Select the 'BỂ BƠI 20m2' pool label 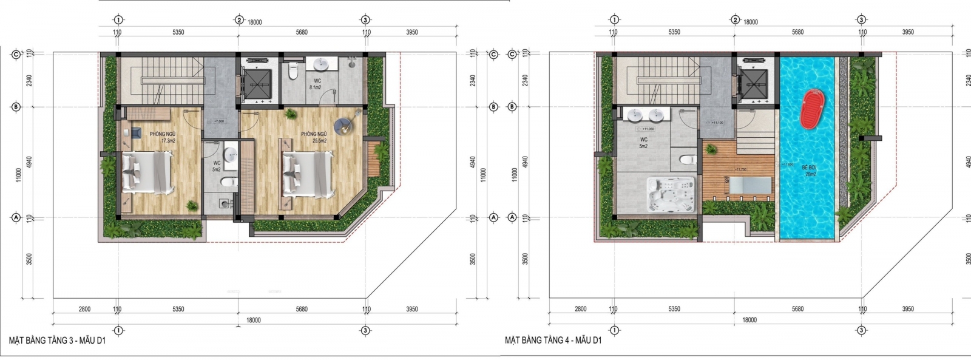pos(809,169)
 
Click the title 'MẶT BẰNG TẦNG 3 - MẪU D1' pos(58,341)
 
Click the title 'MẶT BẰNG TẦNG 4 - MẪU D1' pos(553,341)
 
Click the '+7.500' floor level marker pos(219,121)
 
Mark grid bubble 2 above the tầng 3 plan pos(240,20)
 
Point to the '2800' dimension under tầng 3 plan pos(84,309)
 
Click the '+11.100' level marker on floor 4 pos(718,123)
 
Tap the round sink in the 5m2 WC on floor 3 pos(230,154)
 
